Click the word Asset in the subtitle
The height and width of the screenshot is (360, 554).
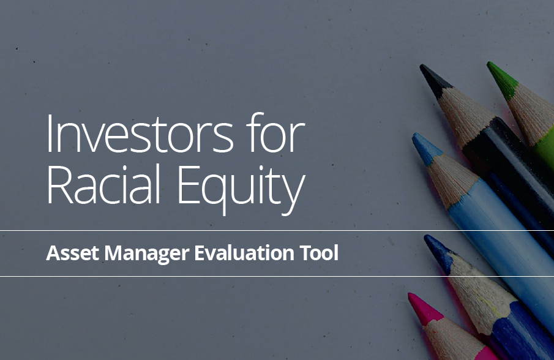72,253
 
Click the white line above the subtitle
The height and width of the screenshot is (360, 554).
277,230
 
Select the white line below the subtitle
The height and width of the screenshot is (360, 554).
277,276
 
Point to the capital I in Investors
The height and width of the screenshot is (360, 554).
49,133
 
